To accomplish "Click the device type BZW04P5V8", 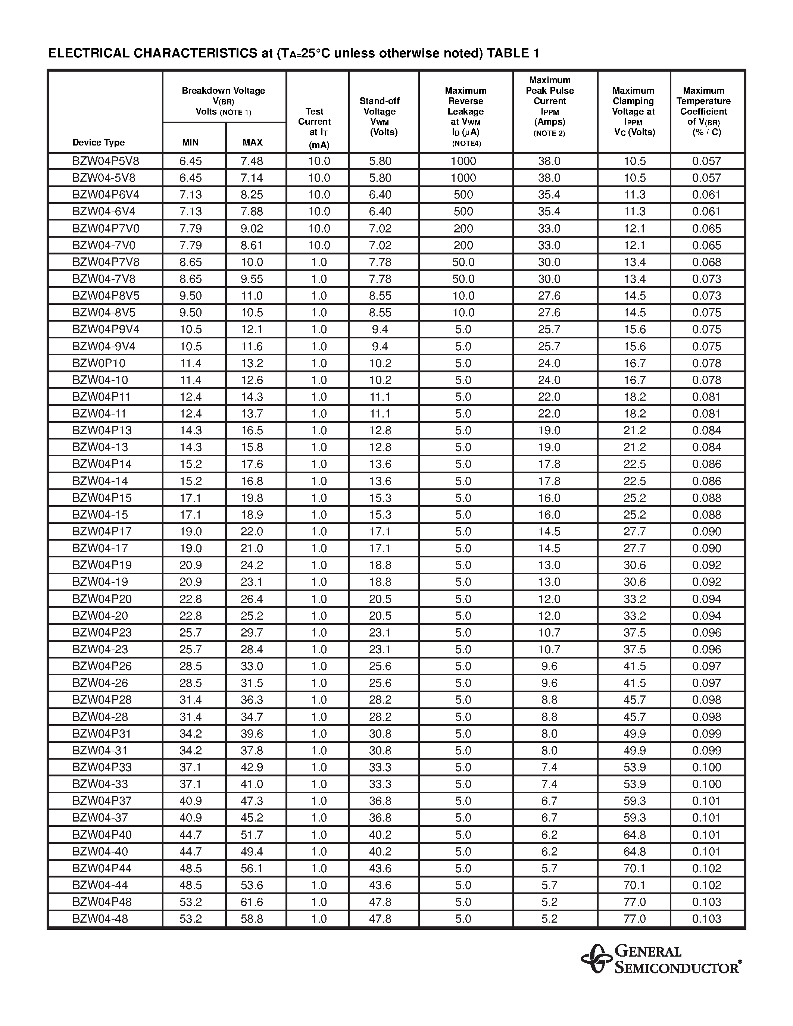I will tap(106, 161).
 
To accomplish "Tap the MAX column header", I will tap(252, 143).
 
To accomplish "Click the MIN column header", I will tap(190, 143).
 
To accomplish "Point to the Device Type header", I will tap(99, 143).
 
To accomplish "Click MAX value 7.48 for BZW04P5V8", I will tap(252, 161).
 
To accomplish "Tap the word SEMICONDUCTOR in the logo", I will tap(677, 968).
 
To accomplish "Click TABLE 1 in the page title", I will tap(513, 53).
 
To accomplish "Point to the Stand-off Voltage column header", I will tap(380, 116).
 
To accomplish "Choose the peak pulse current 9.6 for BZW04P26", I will tap(549, 666).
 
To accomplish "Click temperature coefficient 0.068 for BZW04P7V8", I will tap(706, 262).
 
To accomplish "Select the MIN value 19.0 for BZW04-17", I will tap(190, 548).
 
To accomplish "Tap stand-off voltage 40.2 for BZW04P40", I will tap(380, 835).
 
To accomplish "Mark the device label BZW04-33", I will tap(100, 784).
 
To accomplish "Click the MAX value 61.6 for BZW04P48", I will tap(252, 902).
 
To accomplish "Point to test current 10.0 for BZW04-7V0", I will tap(319, 245).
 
